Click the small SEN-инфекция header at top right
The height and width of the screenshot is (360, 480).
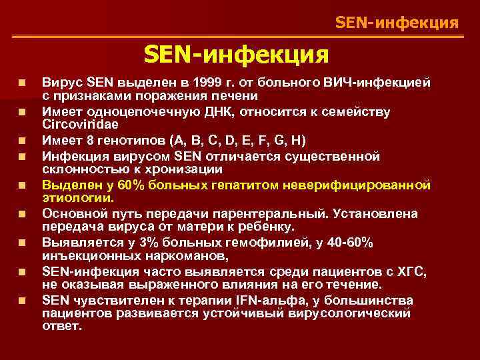(x=397, y=23)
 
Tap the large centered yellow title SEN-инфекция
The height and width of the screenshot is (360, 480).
(x=236, y=53)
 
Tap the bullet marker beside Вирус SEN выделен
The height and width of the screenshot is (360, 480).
(x=23, y=83)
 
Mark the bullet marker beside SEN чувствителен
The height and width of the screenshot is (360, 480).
(x=23, y=301)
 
